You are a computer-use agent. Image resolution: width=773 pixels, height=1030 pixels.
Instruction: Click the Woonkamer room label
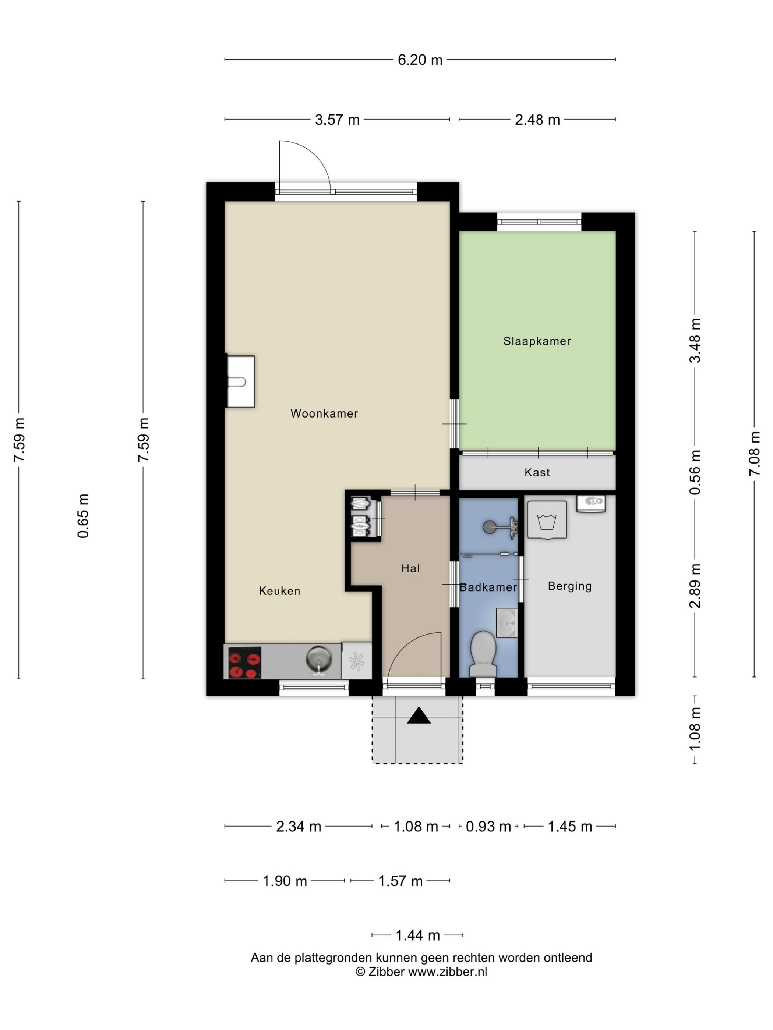(324, 413)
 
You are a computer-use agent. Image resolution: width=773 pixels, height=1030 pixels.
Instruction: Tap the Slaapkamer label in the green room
(537, 341)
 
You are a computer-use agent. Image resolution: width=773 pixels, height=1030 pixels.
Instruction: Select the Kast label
(537, 472)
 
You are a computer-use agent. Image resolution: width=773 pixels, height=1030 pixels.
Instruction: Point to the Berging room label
(569, 586)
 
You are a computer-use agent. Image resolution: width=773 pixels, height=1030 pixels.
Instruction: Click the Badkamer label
(488, 587)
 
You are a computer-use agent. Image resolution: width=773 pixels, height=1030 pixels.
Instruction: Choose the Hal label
(410, 568)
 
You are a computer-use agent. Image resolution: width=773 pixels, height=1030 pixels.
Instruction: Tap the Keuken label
(279, 591)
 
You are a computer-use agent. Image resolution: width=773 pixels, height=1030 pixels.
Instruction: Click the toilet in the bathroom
(483, 653)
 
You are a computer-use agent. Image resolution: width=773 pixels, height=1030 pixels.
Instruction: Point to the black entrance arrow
(419, 715)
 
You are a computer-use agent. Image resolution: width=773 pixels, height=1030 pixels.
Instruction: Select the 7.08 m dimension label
(754, 453)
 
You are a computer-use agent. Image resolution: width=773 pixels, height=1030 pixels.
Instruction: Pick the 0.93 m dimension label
(488, 826)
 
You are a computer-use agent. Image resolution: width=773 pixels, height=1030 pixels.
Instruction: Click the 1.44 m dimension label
(417, 935)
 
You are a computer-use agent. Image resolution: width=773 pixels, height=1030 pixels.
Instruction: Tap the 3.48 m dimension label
(695, 340)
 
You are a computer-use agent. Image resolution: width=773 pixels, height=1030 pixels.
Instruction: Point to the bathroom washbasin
(506, 622)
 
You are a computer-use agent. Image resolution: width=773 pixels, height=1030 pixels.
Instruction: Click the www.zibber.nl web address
(447, 972)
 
